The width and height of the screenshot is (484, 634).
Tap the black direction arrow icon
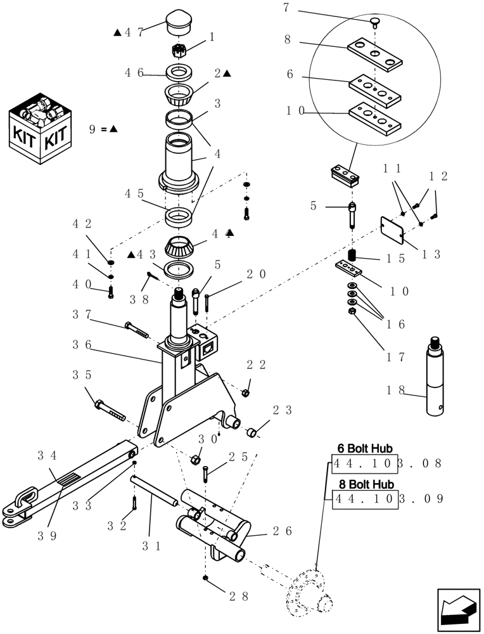[x=457, y=608]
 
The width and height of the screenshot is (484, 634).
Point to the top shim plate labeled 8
[x=376, y=55]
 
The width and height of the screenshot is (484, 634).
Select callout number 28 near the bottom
[x=238, y=596]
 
